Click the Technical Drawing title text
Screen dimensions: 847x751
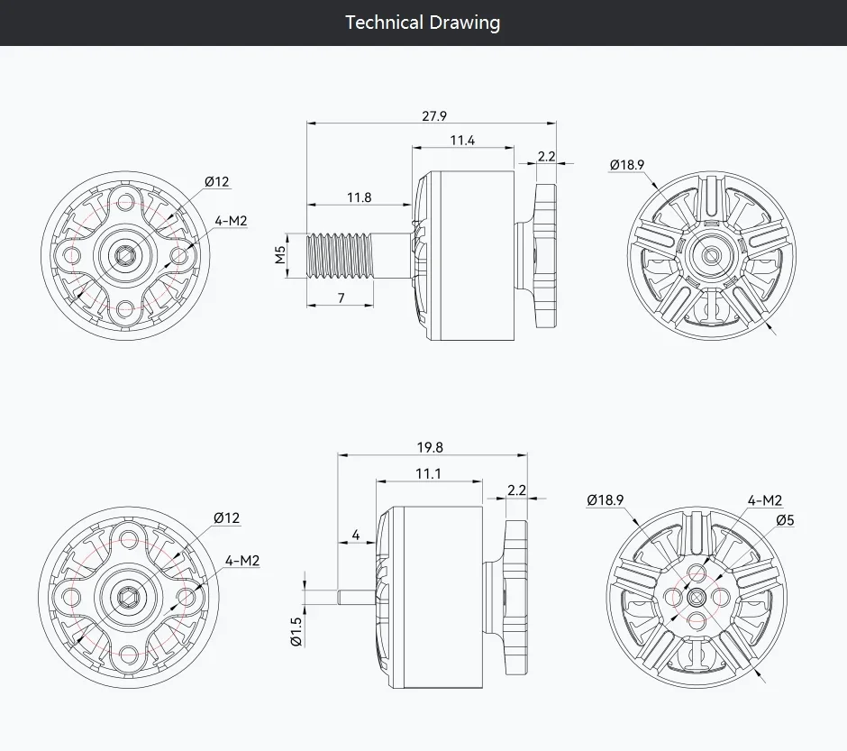(423, 23)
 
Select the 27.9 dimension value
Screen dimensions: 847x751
(434, 116)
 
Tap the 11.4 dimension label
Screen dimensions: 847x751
(462, 141)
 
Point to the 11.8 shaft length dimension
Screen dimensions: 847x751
(360, 197)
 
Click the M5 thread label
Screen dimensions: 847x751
(280, 254)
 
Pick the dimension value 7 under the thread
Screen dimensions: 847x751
(341, 298)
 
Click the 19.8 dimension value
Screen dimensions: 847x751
(430, 448)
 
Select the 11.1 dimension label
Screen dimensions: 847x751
(428, 474)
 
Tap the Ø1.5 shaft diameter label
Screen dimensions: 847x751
(296, 631)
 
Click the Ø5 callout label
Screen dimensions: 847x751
(785, 520)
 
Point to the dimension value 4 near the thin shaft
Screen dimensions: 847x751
(355, 535)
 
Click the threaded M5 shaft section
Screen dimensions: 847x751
(340, 255)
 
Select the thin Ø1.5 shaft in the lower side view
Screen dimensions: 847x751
(356, 597)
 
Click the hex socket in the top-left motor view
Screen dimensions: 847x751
(125, 254)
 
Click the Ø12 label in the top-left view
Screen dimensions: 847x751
(217, 181)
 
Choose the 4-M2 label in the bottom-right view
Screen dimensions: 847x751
(765, 501)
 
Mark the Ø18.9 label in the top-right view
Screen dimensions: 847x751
(627, 165)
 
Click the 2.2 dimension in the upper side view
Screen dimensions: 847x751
(547, 157)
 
